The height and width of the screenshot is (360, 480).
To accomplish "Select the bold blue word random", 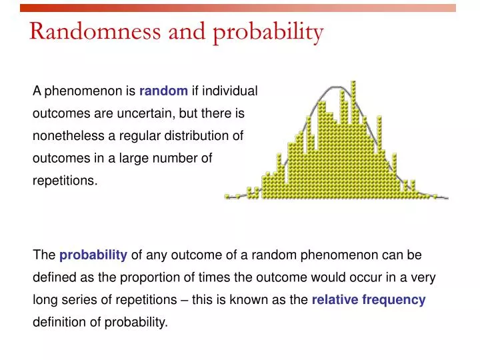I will pyautogui.click(x=163, y=91).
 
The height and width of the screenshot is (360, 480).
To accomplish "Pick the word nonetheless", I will pyautogui.click(x=74, y=136).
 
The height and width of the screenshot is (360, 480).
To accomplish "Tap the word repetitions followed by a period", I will pyautogui.click(x=65, y=181).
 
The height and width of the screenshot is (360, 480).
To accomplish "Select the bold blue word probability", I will pyautogui.click(x=93, y=255).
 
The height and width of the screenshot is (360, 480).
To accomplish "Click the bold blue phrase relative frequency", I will pyautogui.click(x=368, y=300).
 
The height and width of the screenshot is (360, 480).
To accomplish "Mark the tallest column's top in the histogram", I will pyautogui.click(x=353, y=83).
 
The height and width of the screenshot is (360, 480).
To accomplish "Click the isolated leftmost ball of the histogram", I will pyautogui.click(x=227, y=197).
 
